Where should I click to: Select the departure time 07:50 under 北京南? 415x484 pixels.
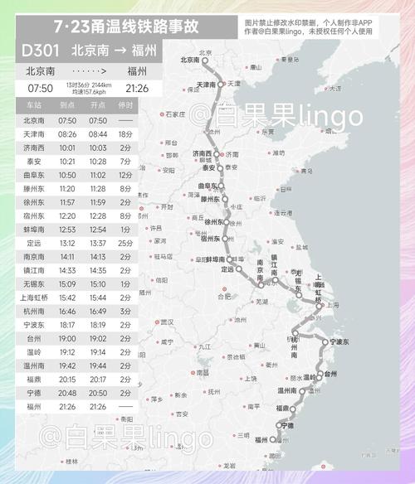[x=40, y=87]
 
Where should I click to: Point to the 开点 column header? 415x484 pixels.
[x=97, y=106]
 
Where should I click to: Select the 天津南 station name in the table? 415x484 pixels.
[x=34, y=133]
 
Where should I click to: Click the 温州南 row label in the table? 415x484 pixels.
[x=34, y=365]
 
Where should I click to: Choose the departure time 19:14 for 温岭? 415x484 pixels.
[x=97, y=351]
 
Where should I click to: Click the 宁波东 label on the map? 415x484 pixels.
[x=342, y=341]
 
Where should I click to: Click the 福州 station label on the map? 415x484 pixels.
[x=262, y=439]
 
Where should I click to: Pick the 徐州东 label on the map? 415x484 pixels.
[x=216, y=222]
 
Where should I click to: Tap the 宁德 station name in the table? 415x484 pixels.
[x=34, y=392]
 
